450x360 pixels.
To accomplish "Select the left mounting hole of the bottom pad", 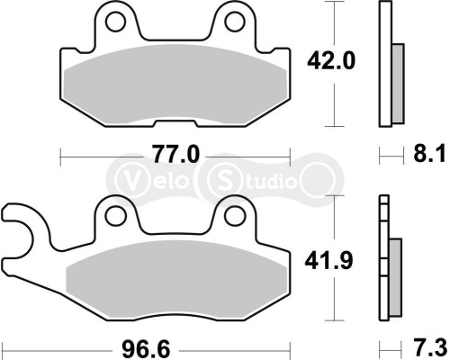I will click(114, 215).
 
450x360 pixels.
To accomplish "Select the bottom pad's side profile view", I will click(388, 265).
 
